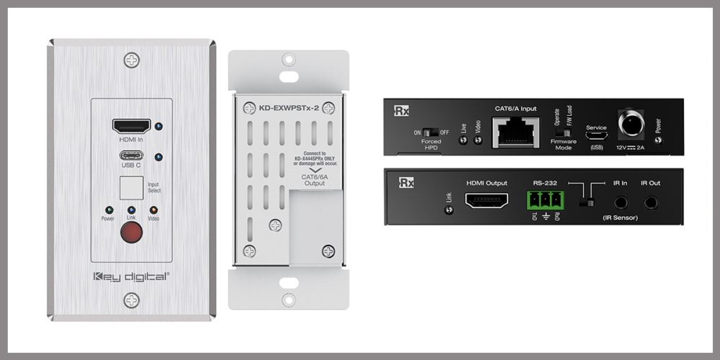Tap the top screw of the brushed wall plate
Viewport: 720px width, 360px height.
coord(131,61)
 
